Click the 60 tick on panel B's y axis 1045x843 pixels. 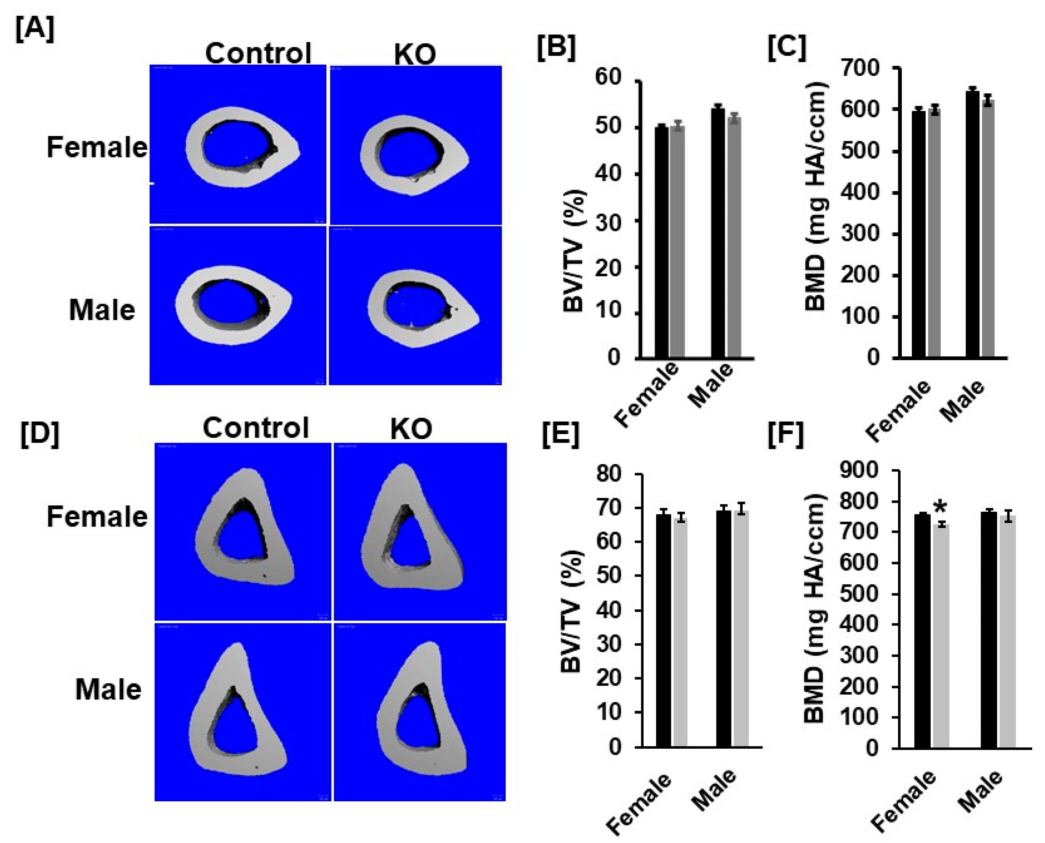pos(608,77)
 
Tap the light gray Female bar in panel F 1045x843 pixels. pos(940,636)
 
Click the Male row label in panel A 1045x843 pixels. pos(102,310)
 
